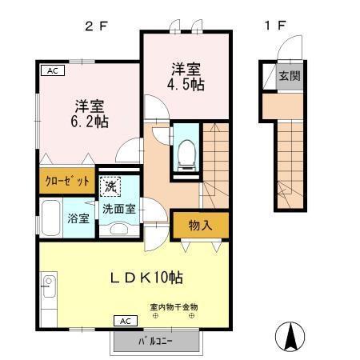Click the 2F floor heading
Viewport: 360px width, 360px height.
pyautogui.click(x=96, y=25)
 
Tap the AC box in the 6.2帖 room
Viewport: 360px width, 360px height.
pyautogui.click(x=52, y=70)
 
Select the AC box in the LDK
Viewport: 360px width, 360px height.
pyautogui.click(x=125, y=320)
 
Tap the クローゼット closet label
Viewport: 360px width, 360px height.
pyautogui.click(x=66, y=181)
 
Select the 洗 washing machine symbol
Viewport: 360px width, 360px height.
pyautogui.click(x=110, y=186)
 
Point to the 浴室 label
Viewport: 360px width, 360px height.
pyautogui.click(x=78, y=218)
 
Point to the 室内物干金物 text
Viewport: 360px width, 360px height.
pyautogui.click(x=174, y=306)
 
